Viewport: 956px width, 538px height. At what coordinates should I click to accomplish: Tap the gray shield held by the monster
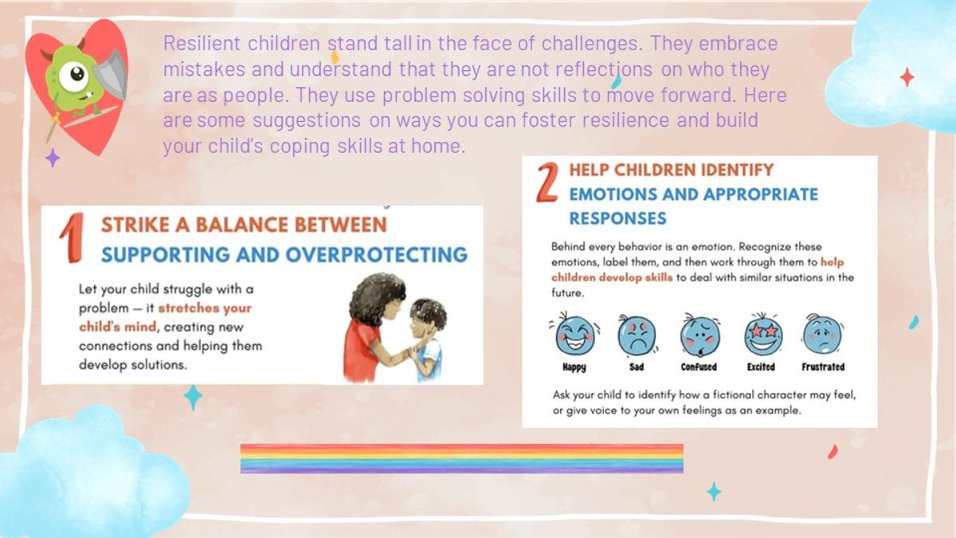click(112, 73)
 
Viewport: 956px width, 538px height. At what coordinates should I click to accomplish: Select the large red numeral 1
click(72, 238)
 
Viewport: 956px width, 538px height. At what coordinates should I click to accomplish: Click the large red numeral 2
click(547, 183)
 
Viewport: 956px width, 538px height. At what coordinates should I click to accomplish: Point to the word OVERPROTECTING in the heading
click(377, 255)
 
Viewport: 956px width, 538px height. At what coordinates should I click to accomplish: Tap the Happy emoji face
click(574, 334)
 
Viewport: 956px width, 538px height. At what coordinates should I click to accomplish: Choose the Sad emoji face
click(637, 336)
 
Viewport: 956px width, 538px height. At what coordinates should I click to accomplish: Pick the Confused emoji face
click(700, 336)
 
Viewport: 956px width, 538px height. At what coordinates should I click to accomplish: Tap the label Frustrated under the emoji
click(823, 367)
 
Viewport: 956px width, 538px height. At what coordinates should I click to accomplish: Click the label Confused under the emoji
click(699, 367)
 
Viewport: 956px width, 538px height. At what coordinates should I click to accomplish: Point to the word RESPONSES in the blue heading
click(617, 218)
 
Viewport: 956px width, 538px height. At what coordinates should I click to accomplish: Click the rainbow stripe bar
click(462, 458)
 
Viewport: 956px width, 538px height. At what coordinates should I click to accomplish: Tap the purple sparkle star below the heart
click(53, 158)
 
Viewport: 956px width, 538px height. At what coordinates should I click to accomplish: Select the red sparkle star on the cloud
click(907, 77)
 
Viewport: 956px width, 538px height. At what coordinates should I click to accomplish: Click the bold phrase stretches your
click(205, 308)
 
